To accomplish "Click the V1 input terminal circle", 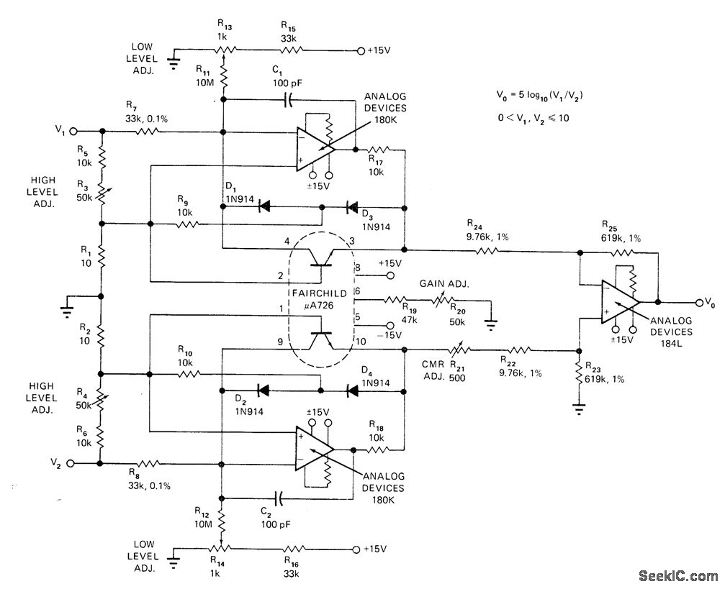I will pos(72,132).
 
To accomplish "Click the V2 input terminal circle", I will pos(72,464).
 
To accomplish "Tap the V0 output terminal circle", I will pos(698,302).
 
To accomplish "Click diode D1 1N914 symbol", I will pos(264,206).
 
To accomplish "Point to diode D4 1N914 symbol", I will pos(352,392).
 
